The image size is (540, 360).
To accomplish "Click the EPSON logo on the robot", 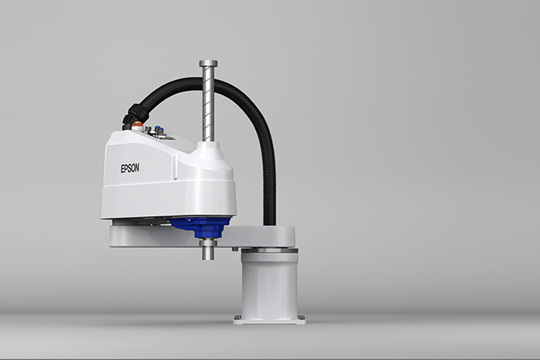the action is tap(130, 168).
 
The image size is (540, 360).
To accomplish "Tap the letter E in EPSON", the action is tap(122, 169).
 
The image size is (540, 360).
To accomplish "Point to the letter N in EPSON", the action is tap(138, 167).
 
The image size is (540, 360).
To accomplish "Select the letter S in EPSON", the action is tap(130, 168).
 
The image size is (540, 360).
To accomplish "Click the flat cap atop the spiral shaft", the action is tap(208, 63).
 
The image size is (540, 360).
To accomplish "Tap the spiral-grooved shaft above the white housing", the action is tap(208, 103).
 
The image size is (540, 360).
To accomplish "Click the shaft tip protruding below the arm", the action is tap(208, 250).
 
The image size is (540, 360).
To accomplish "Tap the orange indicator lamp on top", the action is tap(138, 124).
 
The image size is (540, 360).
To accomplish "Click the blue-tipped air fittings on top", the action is tap(159, 129).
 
